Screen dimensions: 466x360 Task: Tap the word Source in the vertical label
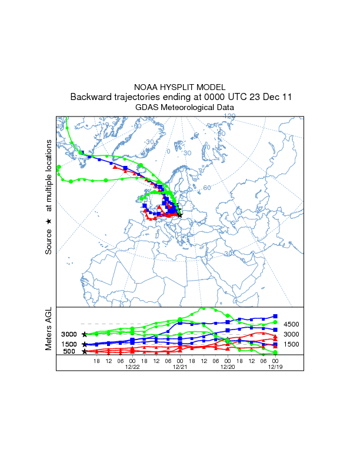[49, 241]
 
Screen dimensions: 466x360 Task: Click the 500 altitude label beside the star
[69, 352]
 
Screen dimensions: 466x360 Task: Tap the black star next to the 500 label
[85, 352]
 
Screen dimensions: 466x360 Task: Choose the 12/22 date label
[132, 367]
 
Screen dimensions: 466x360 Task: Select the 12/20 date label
[228, 367]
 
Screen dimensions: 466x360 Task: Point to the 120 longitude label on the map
[229, 116]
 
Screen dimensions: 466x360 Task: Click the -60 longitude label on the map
[138, 126]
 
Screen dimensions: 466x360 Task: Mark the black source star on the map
[180, 216]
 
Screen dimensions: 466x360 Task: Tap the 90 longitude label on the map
[222, 134]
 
